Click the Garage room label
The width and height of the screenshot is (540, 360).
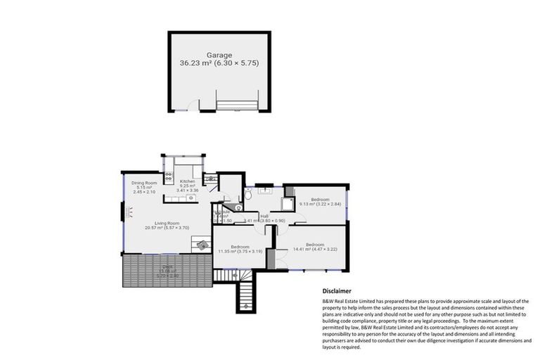point(219,54)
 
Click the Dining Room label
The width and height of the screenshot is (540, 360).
point(146,184)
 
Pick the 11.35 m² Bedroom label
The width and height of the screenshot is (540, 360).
point(240,247)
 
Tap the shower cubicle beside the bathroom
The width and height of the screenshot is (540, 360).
point(288,204)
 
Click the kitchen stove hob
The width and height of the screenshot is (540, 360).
point(168,176)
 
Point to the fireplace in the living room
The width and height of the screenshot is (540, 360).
point(127,212)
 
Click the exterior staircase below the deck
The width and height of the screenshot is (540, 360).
point(245,295)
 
